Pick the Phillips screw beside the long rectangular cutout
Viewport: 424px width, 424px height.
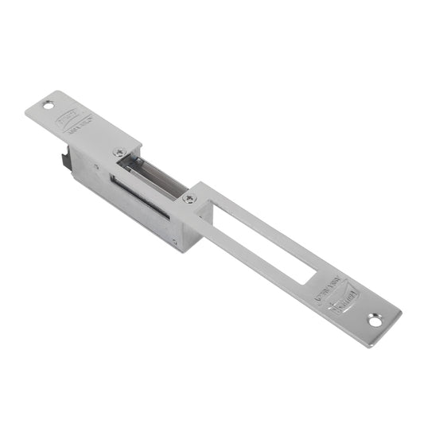[x=189, y=198]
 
